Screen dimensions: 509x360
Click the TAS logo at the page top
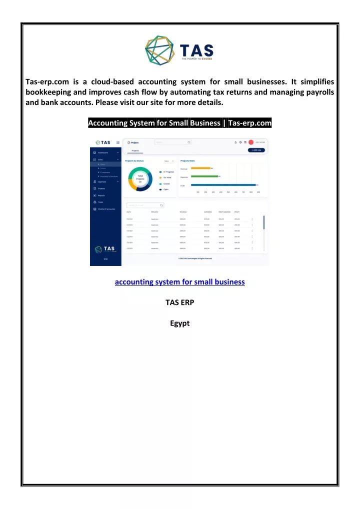179,48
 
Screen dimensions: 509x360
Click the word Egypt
179,323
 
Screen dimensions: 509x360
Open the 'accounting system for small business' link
179,282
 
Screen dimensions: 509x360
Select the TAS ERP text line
179,302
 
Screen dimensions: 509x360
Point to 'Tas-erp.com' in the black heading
249,123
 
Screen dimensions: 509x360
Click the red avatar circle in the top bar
251,142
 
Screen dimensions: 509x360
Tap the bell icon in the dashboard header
235,142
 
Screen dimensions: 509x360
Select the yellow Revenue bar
201,168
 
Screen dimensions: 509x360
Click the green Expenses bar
205,176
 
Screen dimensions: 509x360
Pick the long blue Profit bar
223,185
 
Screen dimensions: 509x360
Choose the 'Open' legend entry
165,189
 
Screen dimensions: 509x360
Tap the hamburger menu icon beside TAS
117,142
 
